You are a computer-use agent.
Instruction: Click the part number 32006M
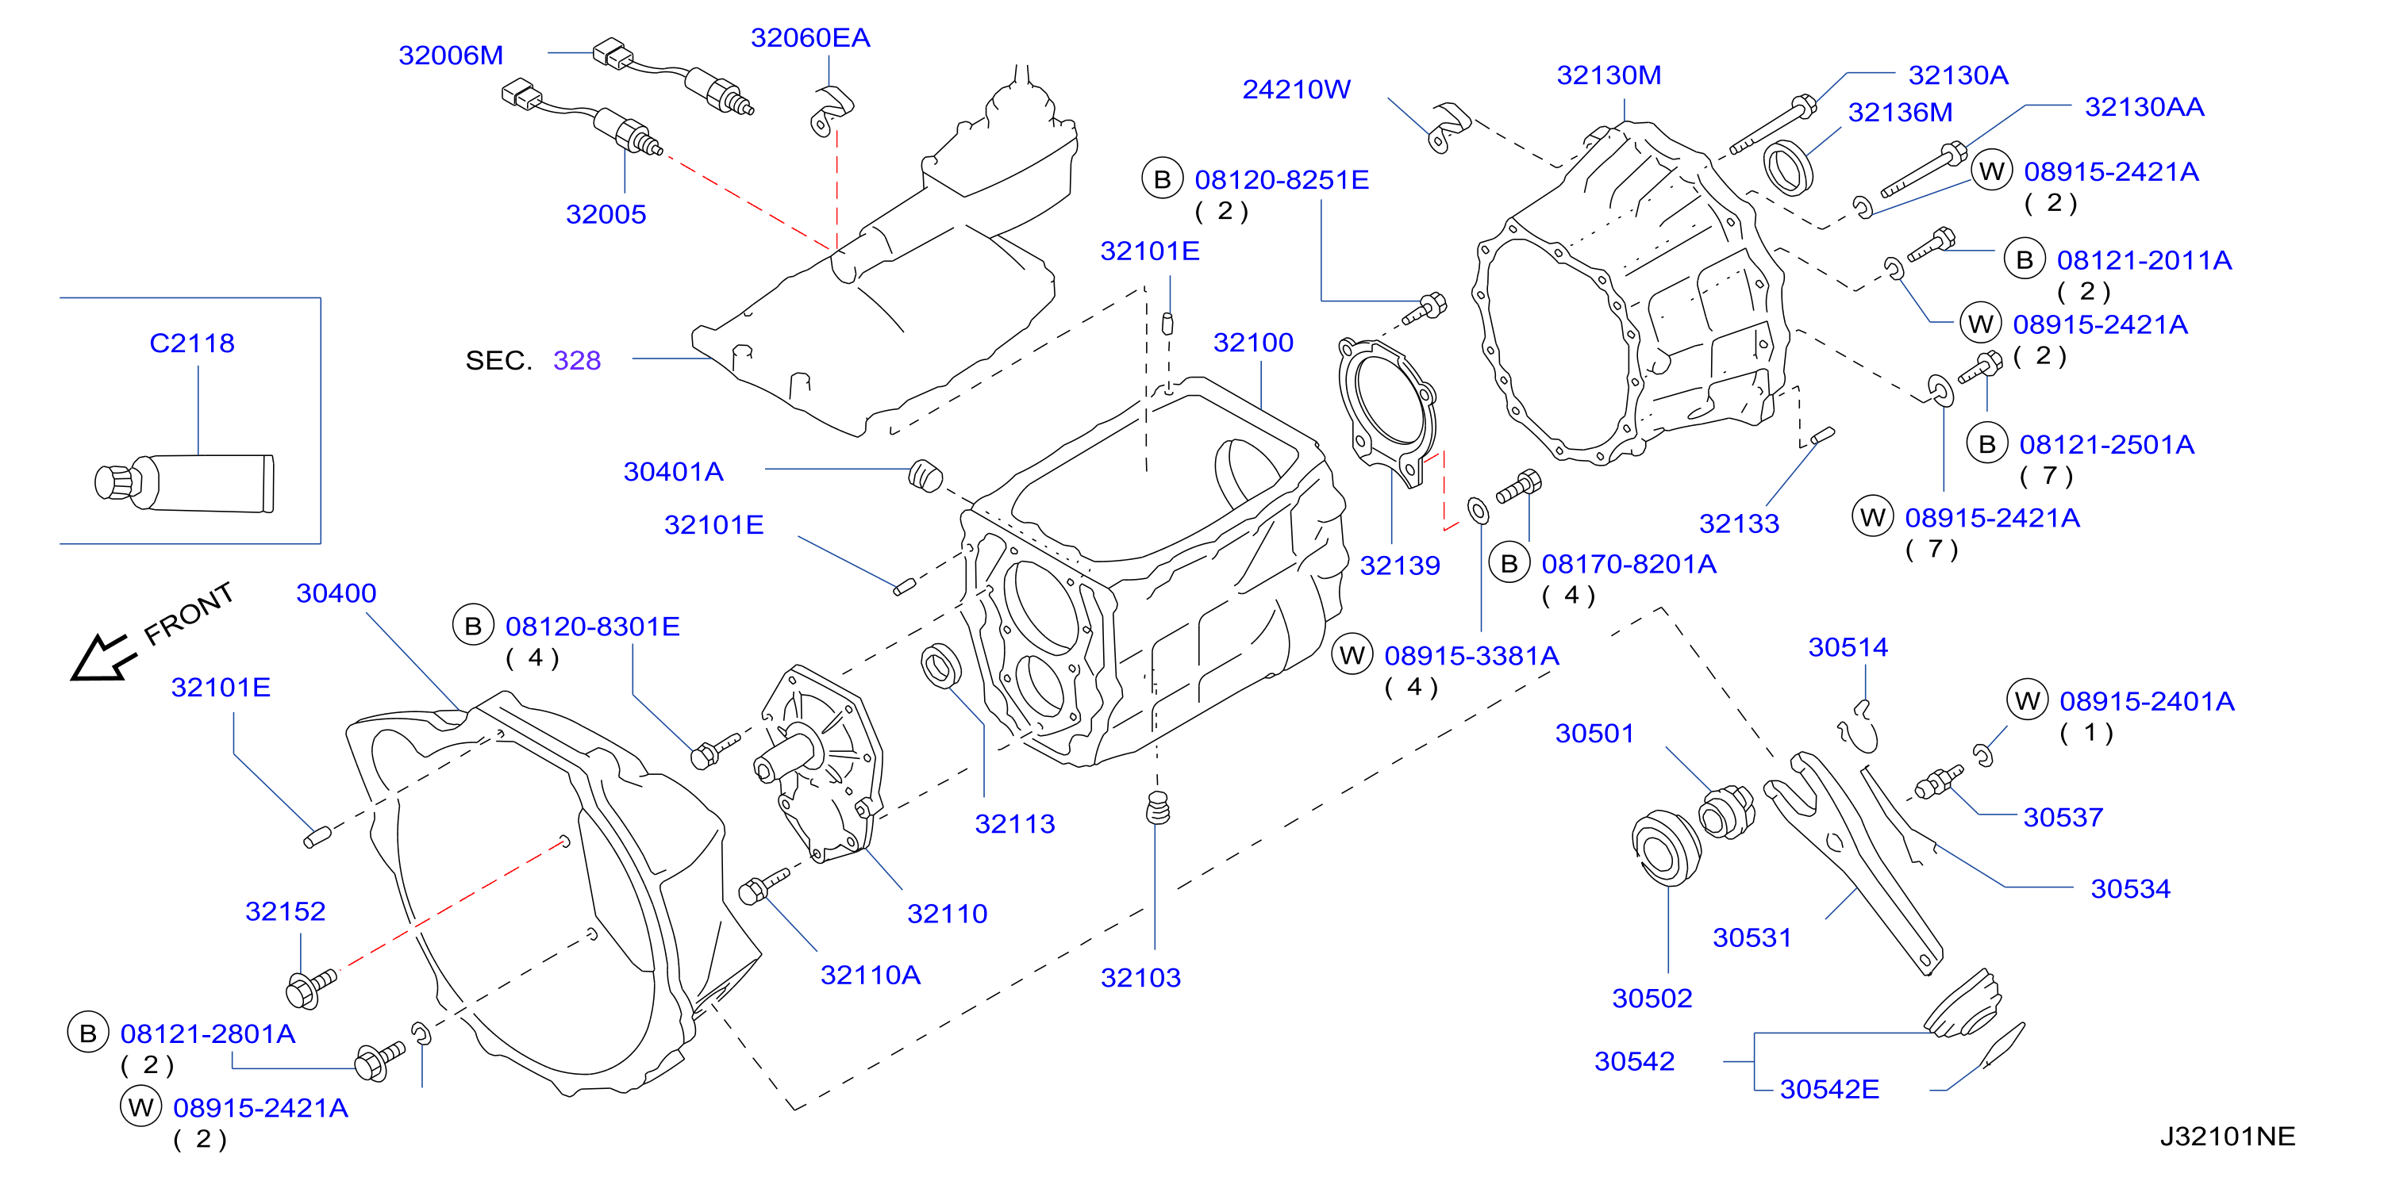[451, 56]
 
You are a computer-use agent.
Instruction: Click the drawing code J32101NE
[2227, 1137]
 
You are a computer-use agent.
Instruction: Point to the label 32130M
[1609, 75]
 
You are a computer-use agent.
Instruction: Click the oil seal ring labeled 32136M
[1786, 167]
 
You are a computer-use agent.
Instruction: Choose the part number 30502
[1652, 998]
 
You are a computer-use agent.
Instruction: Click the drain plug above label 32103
[1158, 808]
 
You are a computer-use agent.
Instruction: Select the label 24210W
[1296, 89]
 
